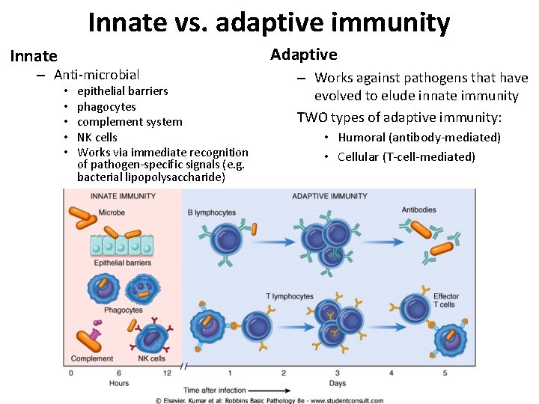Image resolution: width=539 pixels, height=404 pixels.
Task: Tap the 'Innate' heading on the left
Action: pos(34,56)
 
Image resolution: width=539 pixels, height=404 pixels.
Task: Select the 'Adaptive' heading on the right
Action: pos(303,54)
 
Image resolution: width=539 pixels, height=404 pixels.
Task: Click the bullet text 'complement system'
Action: pos(130,122)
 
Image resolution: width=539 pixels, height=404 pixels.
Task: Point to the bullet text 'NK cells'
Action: pos(97,138)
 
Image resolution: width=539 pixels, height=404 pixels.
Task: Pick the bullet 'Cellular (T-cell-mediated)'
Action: pos(406,156)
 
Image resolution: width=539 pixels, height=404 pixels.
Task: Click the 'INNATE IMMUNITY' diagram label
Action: pos(123,196)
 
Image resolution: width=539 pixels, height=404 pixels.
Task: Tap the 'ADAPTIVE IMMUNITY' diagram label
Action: pos(329,196)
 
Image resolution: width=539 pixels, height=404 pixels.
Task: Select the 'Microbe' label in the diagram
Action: pos(112,213)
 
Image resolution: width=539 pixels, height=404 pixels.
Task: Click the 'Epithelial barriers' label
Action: pos(122,263)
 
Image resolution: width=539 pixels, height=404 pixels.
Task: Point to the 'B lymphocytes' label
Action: pos(211,213)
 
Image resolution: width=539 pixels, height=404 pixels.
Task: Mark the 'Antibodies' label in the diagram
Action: pos(419,210)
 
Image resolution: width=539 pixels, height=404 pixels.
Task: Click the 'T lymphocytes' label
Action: pos(290,296)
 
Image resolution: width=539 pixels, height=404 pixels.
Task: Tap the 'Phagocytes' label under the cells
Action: pos(124,310)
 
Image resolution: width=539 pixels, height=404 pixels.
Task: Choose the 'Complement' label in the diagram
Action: pos(92,358)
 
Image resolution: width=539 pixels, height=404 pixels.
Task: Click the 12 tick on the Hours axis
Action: pos(166,373)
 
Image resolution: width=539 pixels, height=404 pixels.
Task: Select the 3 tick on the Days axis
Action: pos(337,373)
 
